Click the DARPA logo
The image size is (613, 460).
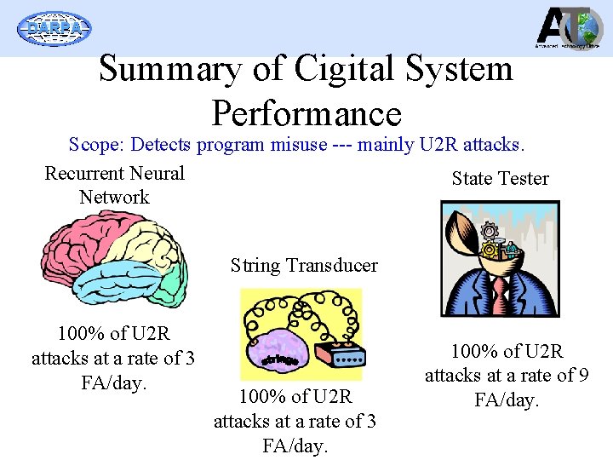tap(54, 28)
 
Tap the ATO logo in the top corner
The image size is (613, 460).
tap(569, 28)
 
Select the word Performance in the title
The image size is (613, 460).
tap(306, 113)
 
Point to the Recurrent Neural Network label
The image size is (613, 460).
tap(114, 185)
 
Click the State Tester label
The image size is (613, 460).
tap(500, 178)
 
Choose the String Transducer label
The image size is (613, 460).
tap(304, 265)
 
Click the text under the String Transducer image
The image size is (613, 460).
tap(295, 421)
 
